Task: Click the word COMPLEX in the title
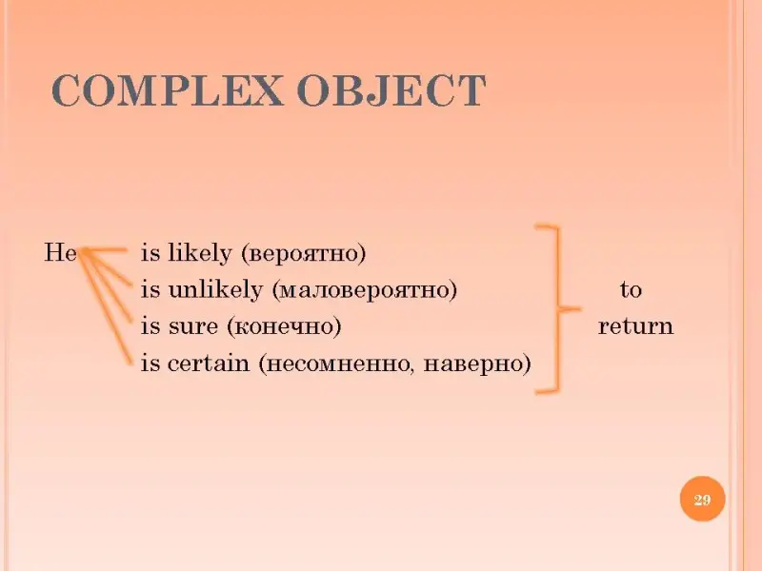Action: [x=167, y=90]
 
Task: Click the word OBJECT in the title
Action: [x=391, y=90]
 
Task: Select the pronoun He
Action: [x=61, y=252]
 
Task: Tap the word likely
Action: [x=199, y=253]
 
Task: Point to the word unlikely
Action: [x=215, y=290]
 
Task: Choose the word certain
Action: [x=208, y=363]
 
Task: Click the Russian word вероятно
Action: [x=303, y=254]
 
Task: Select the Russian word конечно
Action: [x=284, y=326]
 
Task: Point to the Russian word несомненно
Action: [x=337, y=364]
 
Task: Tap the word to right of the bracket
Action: [x=631, y=290]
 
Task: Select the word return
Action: [x=635, y=326]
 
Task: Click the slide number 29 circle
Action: [x=702, y=499]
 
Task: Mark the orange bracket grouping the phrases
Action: [x=558, y=308]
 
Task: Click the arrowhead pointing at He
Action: [x=84, y=252]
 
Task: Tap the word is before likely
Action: [x=150, y=253]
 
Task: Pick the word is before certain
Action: [x=150, y=363]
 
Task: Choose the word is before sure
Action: [x=150, y=326]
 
